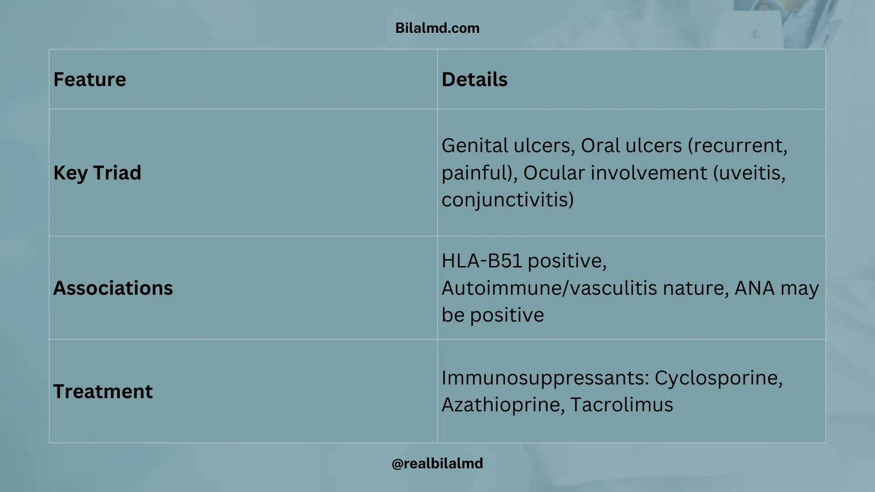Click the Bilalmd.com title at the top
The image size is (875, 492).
click(x=437, y=28)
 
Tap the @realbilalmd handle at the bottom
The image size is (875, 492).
click(x=437, y=463)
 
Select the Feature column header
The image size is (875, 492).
click(x=90, y=79)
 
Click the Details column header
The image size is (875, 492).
click(x=474, y=79)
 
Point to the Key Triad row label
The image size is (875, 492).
click(x=97, y=173)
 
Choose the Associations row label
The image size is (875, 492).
click(x=113, y=288)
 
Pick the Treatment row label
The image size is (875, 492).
click(x=103, y=391)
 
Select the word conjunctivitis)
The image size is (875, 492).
click(x=508, y=200)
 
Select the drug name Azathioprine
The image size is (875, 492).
click(x=504, y=405)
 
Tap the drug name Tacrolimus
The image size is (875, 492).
click(x=622, y=405)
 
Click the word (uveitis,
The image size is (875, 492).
click(x=749, y=173)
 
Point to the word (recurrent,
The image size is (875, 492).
click(x=737, y=146)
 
